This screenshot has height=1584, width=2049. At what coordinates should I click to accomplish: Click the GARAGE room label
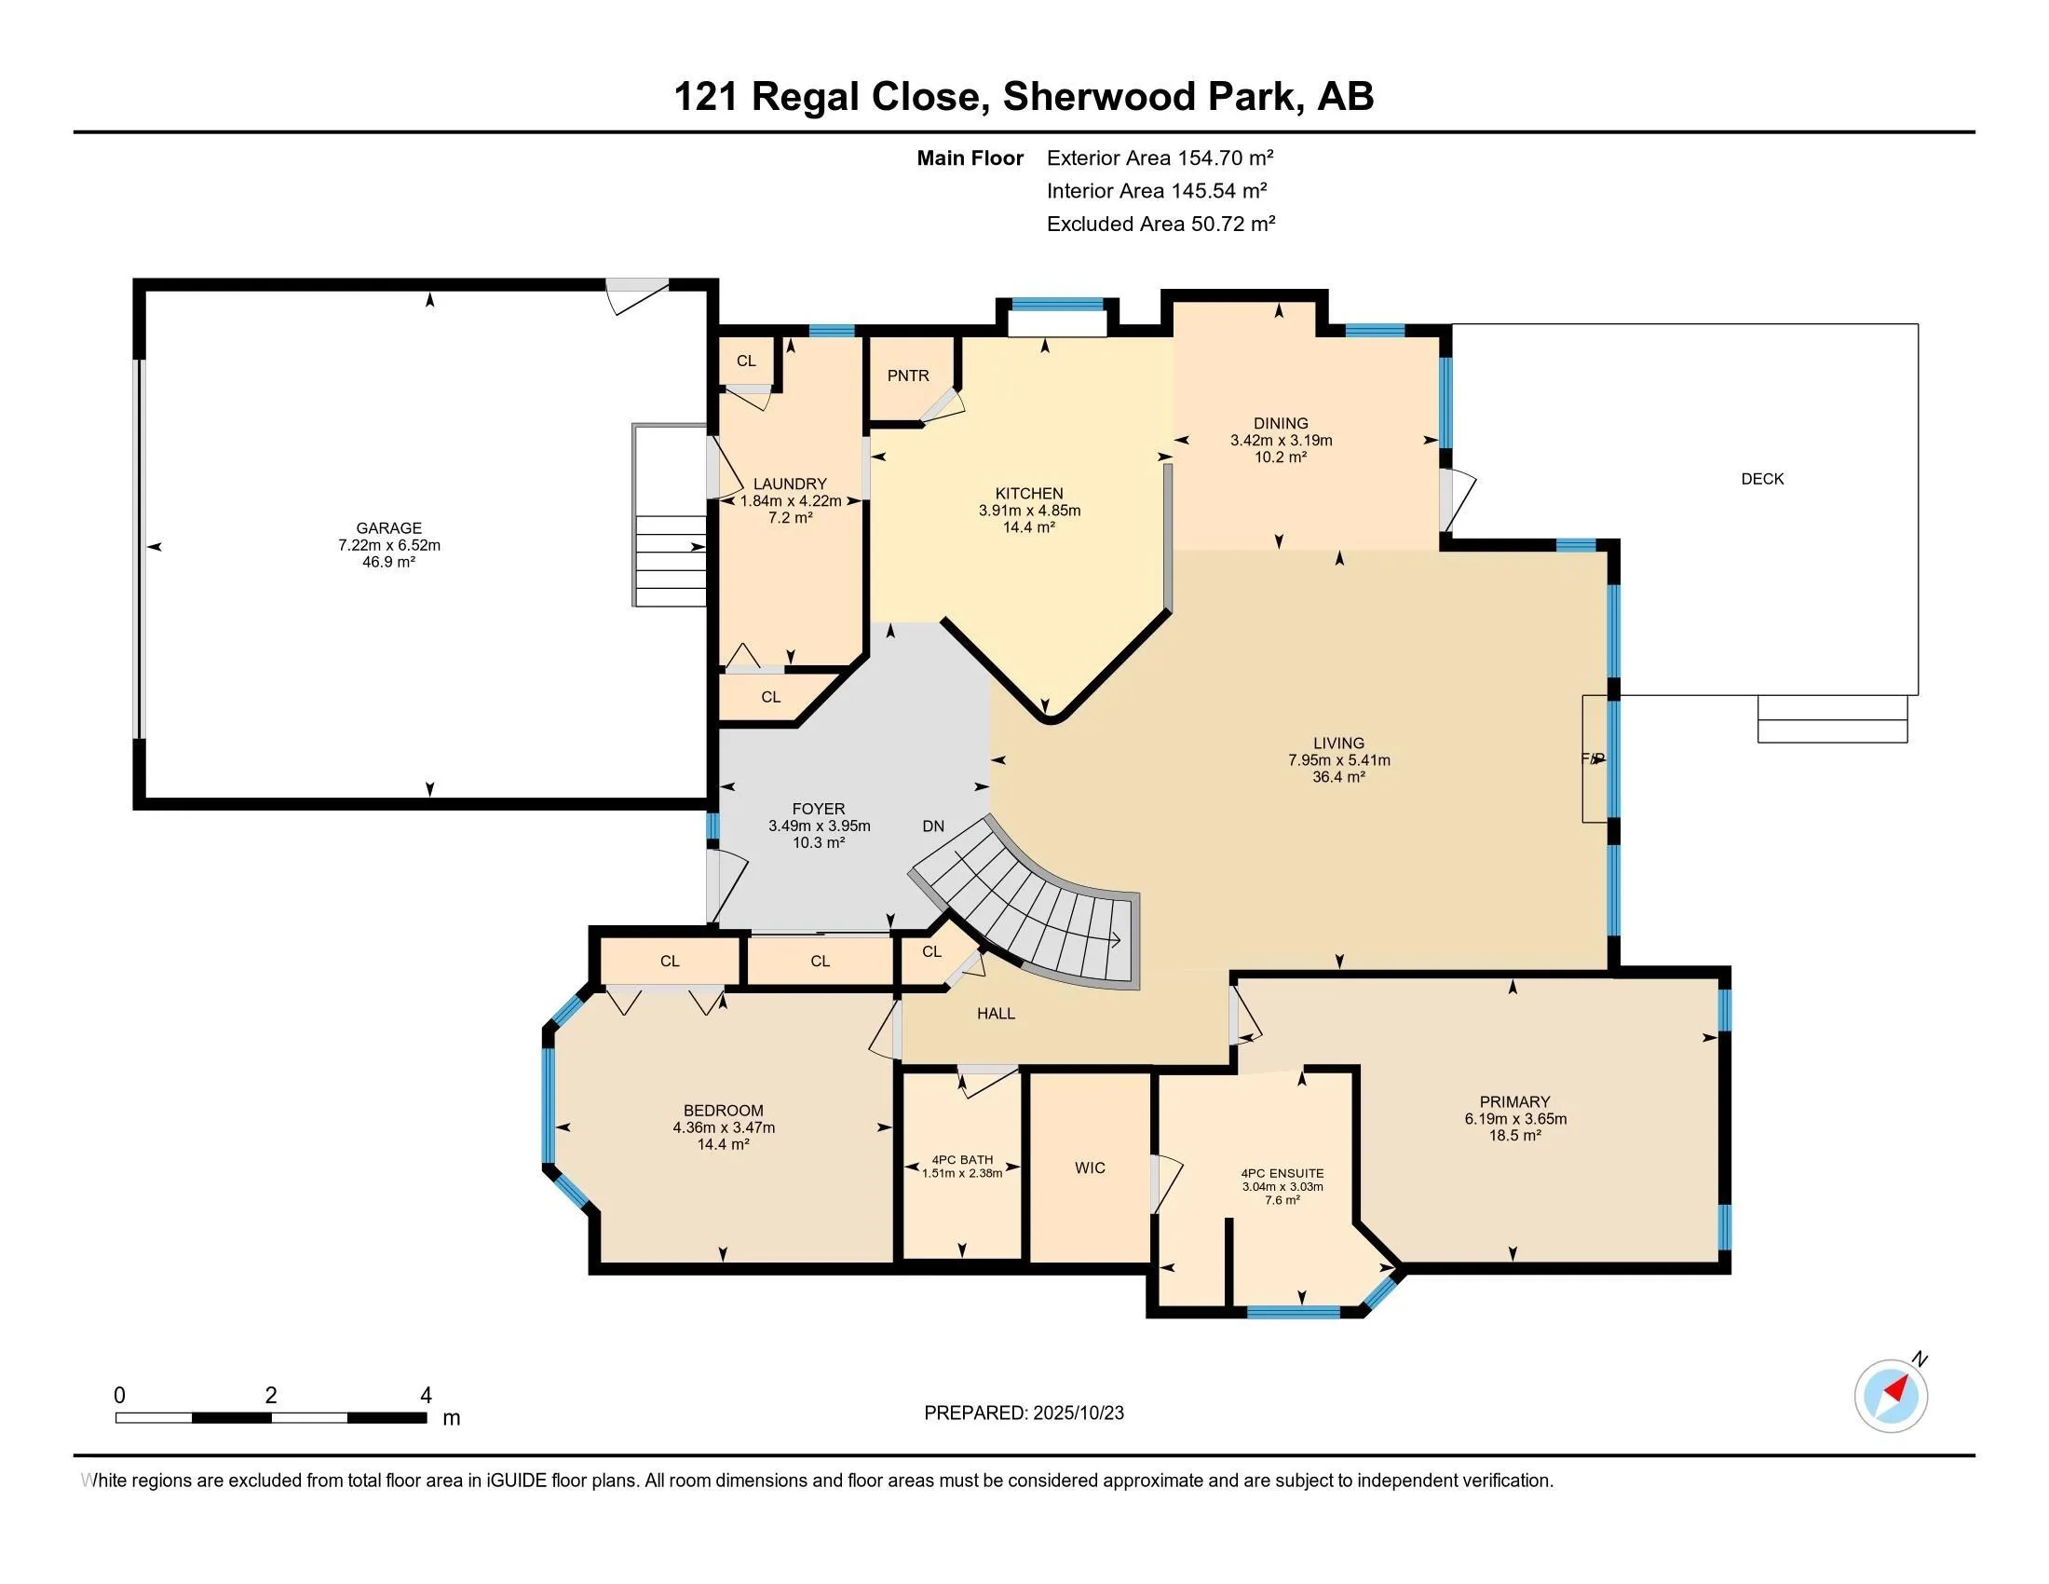point(388,528)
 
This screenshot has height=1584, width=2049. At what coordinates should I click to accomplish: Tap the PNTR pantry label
point(907,376)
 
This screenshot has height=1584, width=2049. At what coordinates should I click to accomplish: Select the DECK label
point(1761,479)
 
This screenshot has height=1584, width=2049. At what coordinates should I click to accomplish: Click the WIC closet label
point(1090,1168)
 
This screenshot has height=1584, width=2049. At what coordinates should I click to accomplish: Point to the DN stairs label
point(932,826)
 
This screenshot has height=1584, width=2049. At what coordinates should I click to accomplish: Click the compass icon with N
point(1891,1396)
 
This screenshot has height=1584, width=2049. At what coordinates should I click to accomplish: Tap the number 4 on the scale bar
point(425,1396)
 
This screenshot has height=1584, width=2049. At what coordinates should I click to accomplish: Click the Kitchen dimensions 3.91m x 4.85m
point(1028,511)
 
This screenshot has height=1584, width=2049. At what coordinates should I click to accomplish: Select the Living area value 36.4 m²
point(1337,777)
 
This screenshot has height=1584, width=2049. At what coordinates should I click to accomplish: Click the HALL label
point(996,1014)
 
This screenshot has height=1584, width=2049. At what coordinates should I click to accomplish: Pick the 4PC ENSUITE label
point(1282,1173)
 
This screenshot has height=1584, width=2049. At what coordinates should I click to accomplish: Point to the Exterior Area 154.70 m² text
point(1160,157)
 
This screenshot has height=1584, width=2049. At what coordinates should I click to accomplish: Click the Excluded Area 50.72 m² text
point(1160,224)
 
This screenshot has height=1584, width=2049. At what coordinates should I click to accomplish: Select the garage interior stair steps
point(670,560)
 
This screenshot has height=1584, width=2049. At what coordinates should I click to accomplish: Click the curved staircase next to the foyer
point(1041,920)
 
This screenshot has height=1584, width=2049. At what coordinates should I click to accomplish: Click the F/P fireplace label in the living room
point(1592,758)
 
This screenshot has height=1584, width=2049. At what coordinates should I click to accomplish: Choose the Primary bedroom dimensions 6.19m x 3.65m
point(1514,1118)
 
